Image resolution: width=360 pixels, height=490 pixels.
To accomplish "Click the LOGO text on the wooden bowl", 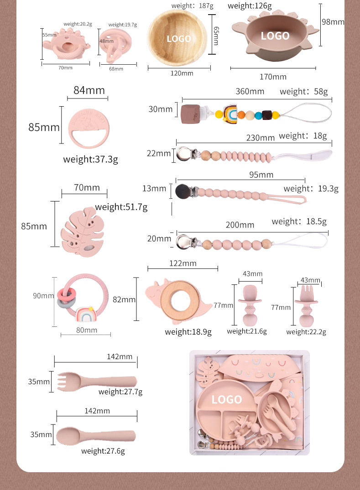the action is [x=178, y=39].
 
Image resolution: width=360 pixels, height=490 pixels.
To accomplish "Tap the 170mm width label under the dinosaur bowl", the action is [x=273, y=77].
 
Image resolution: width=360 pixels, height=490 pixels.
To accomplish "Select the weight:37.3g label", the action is [x=91, y=160].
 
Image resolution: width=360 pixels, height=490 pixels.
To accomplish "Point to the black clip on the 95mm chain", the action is [x=182, y=191].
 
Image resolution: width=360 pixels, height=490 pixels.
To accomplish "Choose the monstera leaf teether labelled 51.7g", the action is [x=83, y=232].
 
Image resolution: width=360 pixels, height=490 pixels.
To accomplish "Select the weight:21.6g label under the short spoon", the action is [x=247, y=331].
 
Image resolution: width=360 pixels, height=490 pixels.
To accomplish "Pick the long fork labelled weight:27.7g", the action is [x=97, y=382].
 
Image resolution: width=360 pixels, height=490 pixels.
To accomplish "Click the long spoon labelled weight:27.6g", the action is [x=96, y=436].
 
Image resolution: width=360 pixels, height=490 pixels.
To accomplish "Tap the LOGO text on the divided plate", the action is [x=227, y=399].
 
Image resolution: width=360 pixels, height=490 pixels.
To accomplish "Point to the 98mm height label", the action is [x=333, y=22].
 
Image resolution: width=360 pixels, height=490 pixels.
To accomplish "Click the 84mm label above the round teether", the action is [x=89, y=90].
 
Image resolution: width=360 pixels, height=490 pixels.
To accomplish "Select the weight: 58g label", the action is [x=304, y=92].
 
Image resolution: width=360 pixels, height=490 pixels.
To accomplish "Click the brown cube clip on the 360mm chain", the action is [x=190, y=114].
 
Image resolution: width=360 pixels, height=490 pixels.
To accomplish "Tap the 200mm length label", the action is [x=240, y=225].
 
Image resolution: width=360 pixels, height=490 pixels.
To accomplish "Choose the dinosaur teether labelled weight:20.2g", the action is [x=66, y=44].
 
